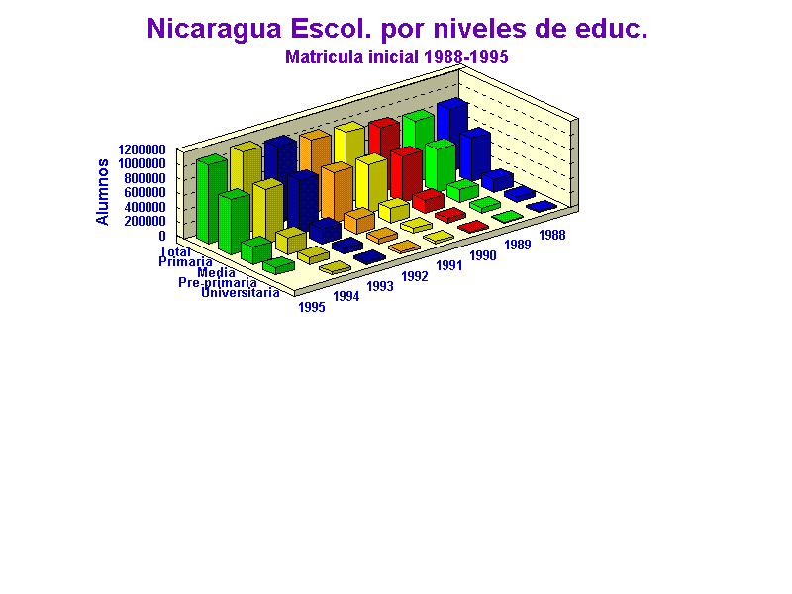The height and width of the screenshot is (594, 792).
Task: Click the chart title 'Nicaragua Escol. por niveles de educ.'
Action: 397,29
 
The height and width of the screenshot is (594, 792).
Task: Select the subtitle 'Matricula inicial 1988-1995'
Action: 397,57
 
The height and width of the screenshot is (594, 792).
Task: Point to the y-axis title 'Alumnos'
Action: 102,191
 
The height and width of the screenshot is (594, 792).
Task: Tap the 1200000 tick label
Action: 142,149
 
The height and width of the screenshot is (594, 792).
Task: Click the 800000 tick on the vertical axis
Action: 145,178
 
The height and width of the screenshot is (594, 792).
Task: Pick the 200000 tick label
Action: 145,221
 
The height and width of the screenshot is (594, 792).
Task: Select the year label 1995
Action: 312,307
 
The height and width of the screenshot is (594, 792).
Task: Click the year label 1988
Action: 552,235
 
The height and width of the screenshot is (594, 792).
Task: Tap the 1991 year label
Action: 449,265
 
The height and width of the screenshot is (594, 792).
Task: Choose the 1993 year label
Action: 380,286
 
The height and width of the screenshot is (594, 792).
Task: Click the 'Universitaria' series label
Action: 241,292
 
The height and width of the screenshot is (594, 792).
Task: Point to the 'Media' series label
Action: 216,273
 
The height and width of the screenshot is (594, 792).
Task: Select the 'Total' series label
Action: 175,251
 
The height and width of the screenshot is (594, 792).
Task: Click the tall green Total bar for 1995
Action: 212,199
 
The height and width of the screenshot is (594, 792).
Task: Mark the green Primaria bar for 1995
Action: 235,222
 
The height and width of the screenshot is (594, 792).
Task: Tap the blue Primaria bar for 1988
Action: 475,154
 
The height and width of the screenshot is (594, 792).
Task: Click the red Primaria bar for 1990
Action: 406,173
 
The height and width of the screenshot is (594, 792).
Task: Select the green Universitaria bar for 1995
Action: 278,265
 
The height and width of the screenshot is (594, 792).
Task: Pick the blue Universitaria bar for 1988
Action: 542,206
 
